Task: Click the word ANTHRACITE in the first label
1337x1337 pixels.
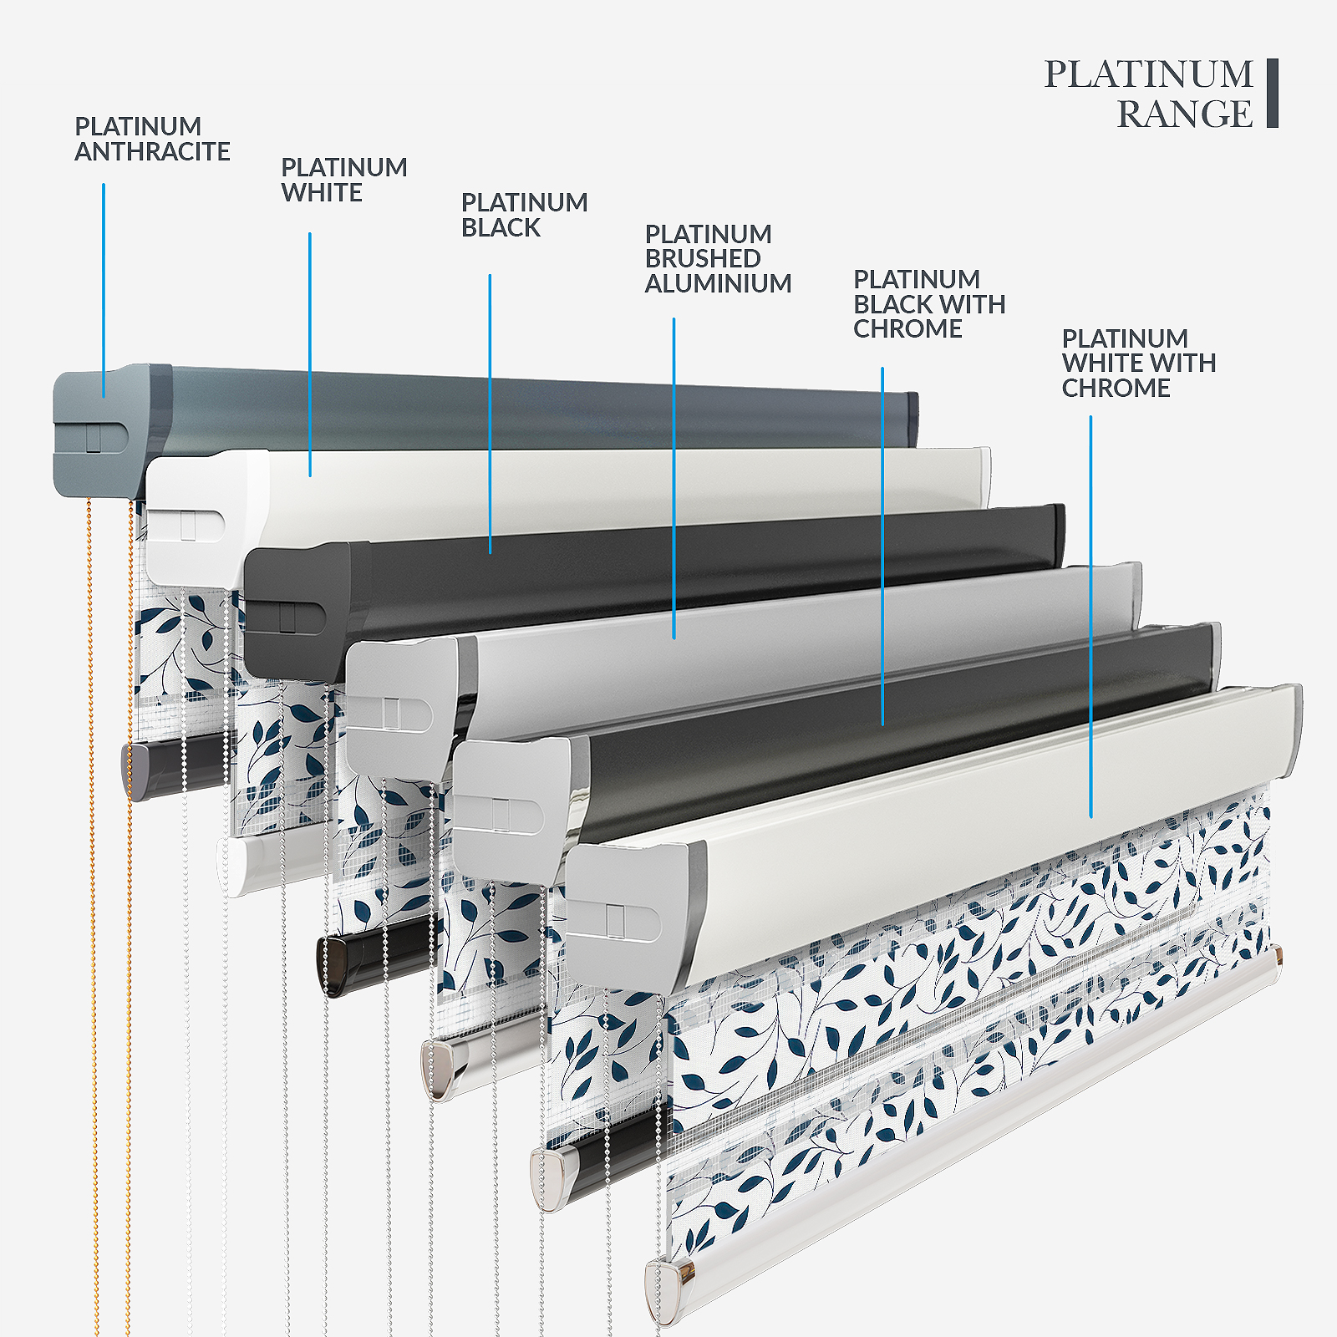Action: [x=152, y=152]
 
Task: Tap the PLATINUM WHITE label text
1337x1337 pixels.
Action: [x=343, y=180]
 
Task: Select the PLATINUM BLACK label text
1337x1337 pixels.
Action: [x=524, y=215]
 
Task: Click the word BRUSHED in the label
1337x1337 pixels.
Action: [x=703, y=259]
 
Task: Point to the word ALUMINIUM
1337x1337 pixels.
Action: [x=718, y=284]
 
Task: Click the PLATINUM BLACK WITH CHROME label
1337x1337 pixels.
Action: [x=928, y=304]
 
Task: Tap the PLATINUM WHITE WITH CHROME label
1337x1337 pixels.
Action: [x=1138, y=363]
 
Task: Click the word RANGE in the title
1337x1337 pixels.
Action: [x=1184, y=114]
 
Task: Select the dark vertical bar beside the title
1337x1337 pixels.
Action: [x=1272, y=93]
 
